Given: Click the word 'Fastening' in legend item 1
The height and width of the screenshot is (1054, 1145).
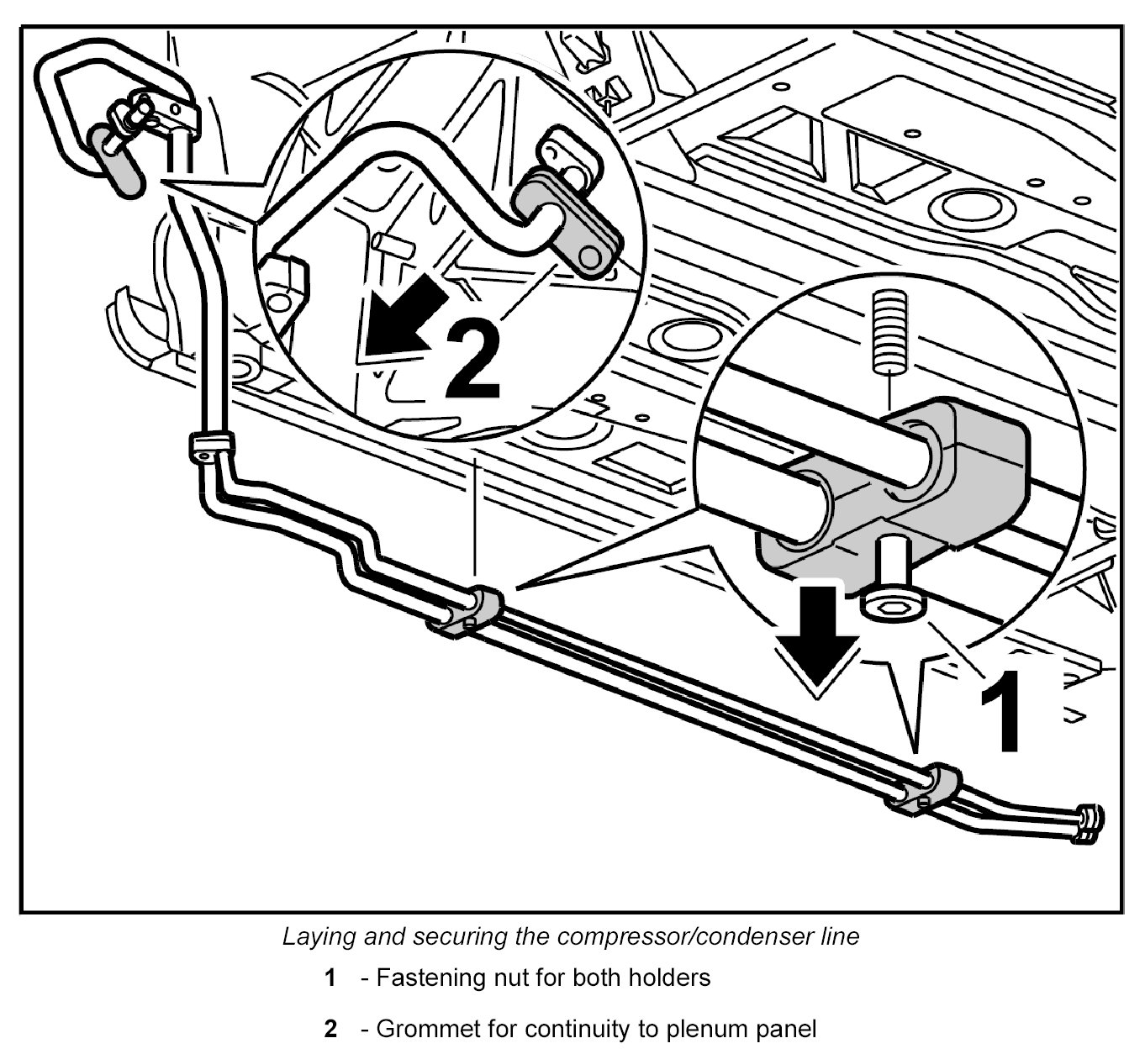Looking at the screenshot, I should pos(427,978).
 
